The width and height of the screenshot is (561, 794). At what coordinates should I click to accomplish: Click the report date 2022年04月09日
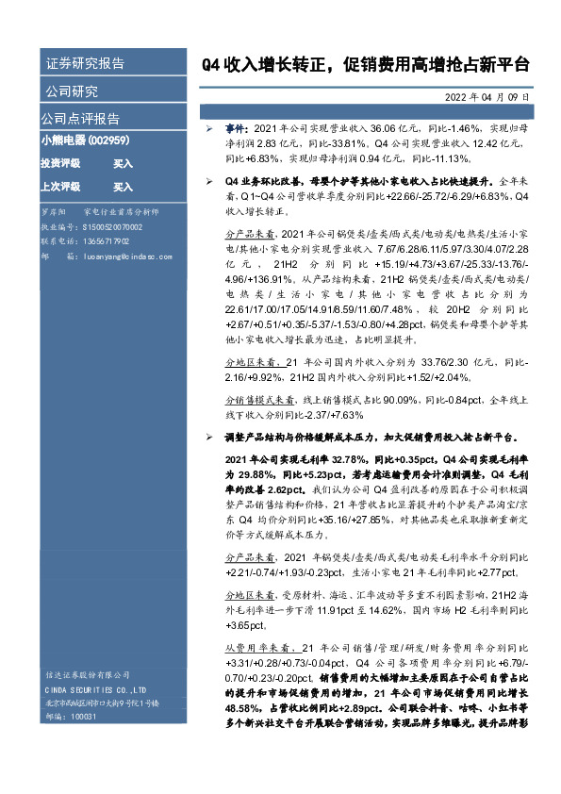[x=491, y=97]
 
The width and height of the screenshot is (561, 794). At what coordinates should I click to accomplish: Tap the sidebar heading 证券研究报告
[x=85, y=64]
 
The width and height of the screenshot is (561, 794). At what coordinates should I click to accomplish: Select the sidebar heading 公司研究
[x=71, y=91]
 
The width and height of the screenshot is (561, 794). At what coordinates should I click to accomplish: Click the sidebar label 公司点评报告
[x=80, y=119]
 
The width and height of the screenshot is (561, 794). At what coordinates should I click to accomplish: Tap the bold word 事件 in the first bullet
[x=236, y=126]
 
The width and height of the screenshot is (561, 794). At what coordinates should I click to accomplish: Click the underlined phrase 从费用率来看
[x=255, y=648]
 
